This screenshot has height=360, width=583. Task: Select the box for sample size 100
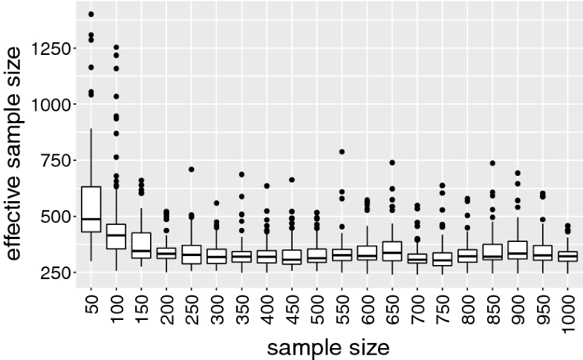pyautogui.click(x=116, y=236)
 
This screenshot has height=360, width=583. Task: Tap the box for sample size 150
pyautogui.click(x=141, y=245)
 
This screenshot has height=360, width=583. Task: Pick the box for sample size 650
pyautogui.click(x=391, y=251)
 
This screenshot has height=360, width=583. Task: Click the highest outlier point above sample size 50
pyautogui.click(x=91, y=14)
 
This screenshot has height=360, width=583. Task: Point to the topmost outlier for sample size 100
pyautogui.click(x=116, y=48)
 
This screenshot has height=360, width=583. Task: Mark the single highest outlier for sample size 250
pyautogui.click(x=191, y=169)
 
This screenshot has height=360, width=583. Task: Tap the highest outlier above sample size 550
pyautogui.click(x=342, y=151)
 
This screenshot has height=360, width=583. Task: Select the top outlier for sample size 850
pyautogui.click(x=492, y=163)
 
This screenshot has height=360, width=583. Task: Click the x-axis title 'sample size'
pyautogui.click(x=328, y=346)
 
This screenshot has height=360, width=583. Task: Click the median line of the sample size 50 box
pyautogui.click(x=91, y=219)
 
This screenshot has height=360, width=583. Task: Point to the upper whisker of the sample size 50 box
pyautogui.click(x=91, y=157)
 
